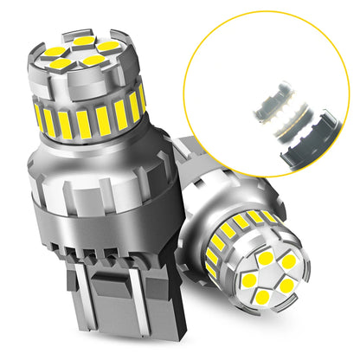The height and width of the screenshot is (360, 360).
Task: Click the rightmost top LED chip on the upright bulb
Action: [108, 46]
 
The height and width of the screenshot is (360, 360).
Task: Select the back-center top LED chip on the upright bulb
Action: [83, 41]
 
